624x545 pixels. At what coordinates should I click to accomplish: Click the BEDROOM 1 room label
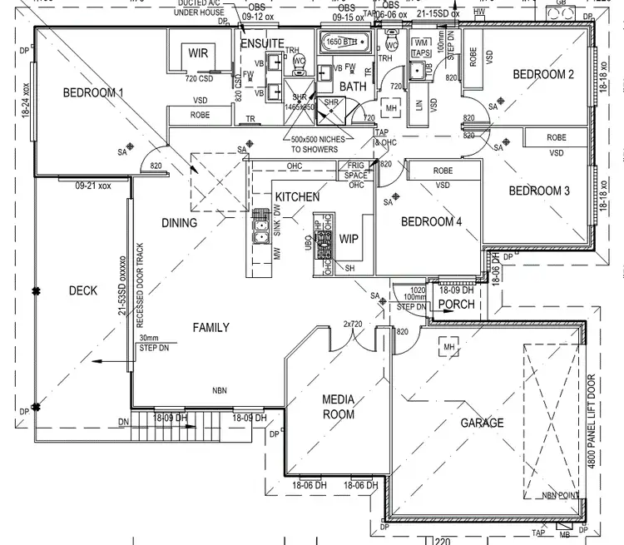[93, 92]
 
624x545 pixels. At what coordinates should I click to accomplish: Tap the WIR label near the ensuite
[198, 52]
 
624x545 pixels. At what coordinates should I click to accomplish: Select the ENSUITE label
[262, 43]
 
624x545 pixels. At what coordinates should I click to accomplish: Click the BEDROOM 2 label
[543, 74]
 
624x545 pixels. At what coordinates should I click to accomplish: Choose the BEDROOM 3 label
[539, 191]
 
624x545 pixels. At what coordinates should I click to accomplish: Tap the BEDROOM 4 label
[431, 222]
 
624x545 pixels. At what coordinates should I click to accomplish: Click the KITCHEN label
[297, 197]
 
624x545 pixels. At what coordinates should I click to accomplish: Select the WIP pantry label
[348, 239]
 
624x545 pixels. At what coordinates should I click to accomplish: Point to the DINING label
[179, 223]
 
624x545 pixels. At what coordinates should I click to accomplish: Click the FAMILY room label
[210, 328]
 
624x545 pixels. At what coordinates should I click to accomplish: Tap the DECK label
[82, 290]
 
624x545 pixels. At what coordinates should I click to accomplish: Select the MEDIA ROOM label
[338, 407]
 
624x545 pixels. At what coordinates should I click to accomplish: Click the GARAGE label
[483, 423]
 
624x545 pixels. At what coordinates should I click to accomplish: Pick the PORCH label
[457, 305]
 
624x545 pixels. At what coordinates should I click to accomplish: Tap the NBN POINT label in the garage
[560, 496]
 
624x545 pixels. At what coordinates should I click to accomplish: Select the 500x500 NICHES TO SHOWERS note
[314, 145]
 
